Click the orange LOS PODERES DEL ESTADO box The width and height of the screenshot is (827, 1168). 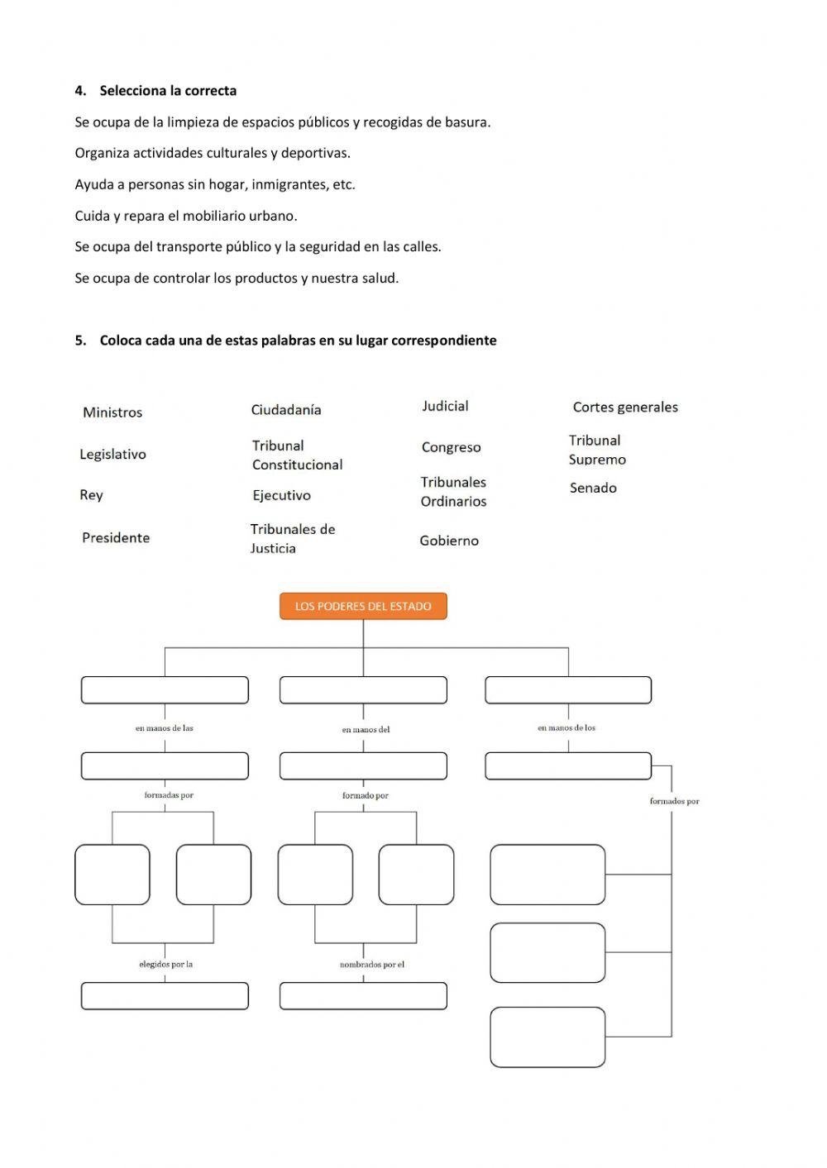click(x=363, y=606)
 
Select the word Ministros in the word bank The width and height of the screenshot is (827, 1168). click(x=112, y=412)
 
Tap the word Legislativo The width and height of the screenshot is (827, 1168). click(x=112, y=454)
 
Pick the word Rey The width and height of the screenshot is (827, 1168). click(x=91, y=495)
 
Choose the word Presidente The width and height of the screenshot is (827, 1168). click(x=116, y=537)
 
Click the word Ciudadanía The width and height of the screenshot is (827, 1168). click(x=286, y=410)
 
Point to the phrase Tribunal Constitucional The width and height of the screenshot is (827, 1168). click(x=297, y=455)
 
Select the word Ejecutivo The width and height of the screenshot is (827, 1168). click(x=281, y=495)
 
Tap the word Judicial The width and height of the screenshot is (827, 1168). click(x=445, y=406)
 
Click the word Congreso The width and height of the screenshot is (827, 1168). click(x=451, y=447)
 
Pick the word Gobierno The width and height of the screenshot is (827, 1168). click(x=449, y=541)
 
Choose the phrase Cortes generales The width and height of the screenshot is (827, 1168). click(x=625, y=407)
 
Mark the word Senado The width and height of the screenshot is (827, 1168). click(x=593, y=488)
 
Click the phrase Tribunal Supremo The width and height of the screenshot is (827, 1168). click(x=597, y=450)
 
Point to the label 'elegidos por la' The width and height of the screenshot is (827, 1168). click(x=165, y=964)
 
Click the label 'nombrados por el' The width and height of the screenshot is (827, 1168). click(x=372, y=965)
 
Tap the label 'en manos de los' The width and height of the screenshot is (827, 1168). click(x=566, y=727)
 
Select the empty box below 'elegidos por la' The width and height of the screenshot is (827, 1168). click(x=165, y=995)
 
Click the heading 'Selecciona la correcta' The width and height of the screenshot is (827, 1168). click(x=168, y=91)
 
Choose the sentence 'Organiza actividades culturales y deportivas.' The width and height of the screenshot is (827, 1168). click(x=213, y=153)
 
